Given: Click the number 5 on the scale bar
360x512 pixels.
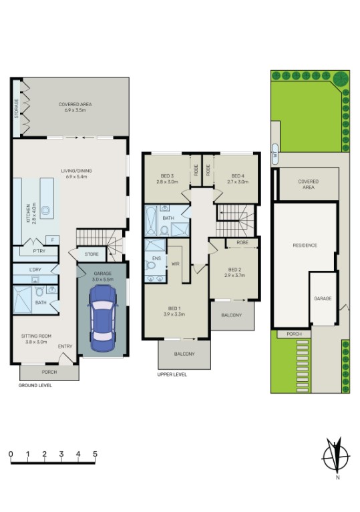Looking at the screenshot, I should click(95, 455).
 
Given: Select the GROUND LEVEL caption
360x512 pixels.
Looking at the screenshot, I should click(35, 385).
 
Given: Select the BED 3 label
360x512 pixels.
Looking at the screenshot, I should click(166, 178).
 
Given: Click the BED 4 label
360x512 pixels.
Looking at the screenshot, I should click(238, 178).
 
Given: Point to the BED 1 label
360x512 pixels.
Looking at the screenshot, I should click(175, 310).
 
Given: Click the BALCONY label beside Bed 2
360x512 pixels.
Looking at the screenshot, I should click(232, 315).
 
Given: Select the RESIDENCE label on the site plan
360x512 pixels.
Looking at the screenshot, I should click(305, 245).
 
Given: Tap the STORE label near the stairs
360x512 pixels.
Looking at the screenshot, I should click(91, 254).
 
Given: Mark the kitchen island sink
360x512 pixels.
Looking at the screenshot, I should click(47, 211).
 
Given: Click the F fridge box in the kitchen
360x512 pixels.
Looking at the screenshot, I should click(51, 239).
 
